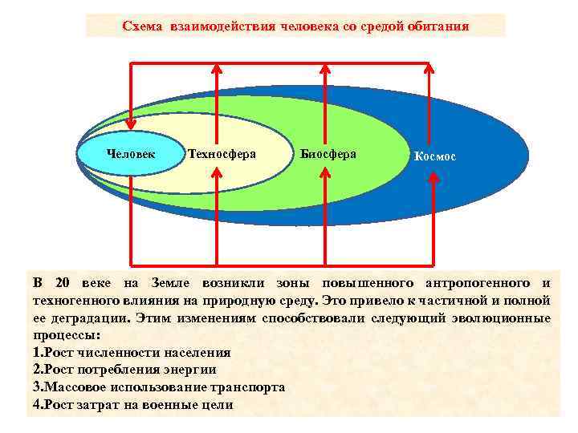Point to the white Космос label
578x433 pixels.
pyautogui.click(x=434, y=157)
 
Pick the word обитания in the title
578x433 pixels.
pyautogui.click(x=440, y=26)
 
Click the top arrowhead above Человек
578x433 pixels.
pyautogui.click(x=130, y=64)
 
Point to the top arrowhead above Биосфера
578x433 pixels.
pyautogui.click(x=324, y=64)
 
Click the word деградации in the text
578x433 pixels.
pyautogui.click(x=90, y=318)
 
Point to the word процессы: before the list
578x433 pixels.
pyautogui.click(x=67, y=335)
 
